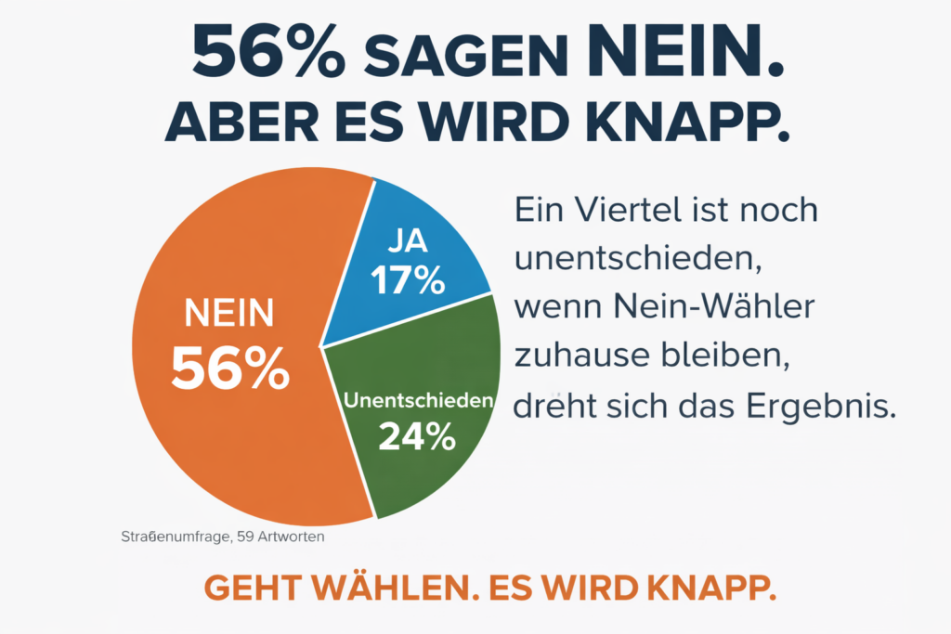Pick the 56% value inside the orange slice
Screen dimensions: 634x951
tap(230, 369)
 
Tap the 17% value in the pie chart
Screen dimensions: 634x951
tap(408, 280)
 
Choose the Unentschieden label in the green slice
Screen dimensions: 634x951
tap(416, 401)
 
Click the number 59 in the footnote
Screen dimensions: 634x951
tap(252, 537)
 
